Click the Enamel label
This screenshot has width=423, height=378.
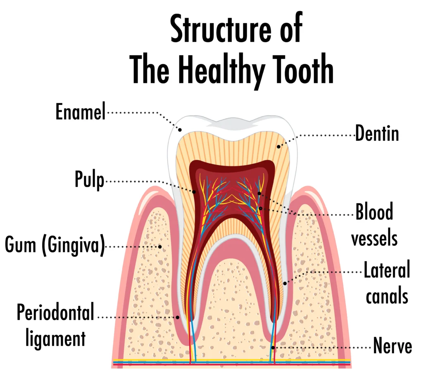pos(81,111)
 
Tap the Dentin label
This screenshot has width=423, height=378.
pos(377,133)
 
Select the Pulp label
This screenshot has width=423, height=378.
pos(89,180)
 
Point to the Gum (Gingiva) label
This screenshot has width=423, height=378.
pos(55,245)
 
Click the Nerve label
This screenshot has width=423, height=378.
pos(392,346)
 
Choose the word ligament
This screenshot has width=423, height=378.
pos(56,338)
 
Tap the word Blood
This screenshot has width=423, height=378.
pos(374,212)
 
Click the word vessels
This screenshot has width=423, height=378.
pos(374,239)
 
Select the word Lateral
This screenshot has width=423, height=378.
pos(387,270)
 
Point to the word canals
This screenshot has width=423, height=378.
pos(387,296)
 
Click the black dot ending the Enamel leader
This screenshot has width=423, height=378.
pos(180,130)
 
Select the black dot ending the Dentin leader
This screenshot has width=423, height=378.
pos(279,147)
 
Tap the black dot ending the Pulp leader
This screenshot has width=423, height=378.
pos(194,192)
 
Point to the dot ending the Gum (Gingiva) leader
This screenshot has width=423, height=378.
pos(160,246)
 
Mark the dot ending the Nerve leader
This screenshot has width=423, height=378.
pos(273,347)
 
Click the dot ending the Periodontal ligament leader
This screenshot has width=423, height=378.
pos(178,317)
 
